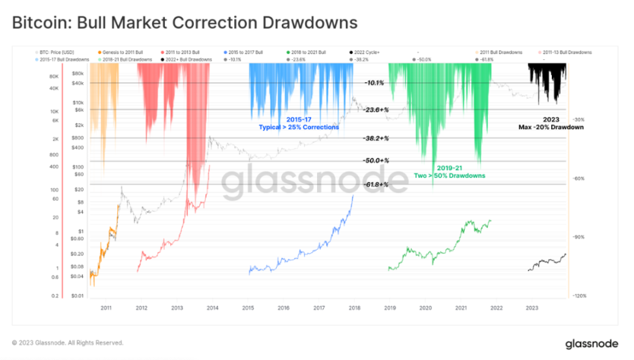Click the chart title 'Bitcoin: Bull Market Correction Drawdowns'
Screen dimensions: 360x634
pos(185,23)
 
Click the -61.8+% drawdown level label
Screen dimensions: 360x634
pos(376,185)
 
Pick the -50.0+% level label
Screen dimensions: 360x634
pos(376,160)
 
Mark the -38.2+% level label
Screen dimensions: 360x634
pos(376,138)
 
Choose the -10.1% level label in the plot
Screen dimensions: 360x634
pos(374,83)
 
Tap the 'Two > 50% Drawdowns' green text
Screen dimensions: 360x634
pos(449,175)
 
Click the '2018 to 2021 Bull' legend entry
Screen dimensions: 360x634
pos(310,52)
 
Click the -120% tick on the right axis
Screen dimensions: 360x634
pos(579,295)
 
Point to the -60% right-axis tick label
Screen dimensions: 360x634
pos(578,178)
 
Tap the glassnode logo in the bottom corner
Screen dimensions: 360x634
pos(588,342)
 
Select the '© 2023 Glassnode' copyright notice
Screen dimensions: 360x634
pos(67,342)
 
